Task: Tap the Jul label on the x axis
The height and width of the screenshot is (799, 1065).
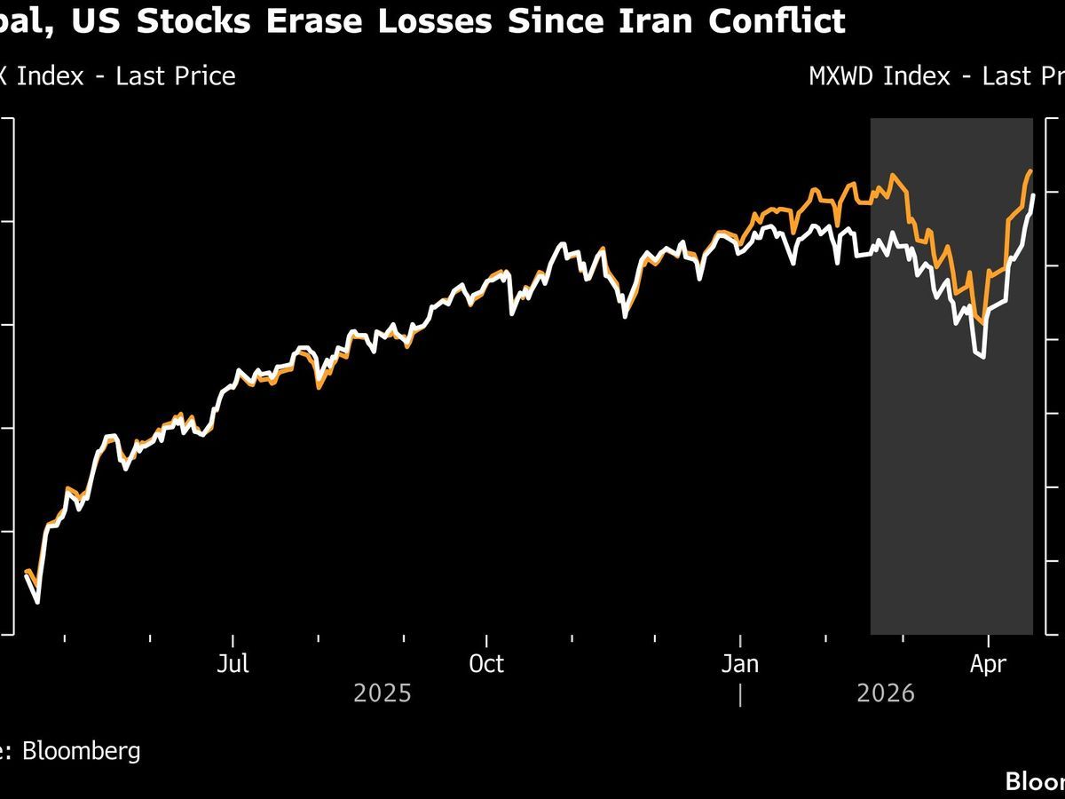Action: pyautogui.click(x=233, y=664)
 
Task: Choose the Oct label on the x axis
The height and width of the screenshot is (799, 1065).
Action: pyautogui.click(x=486, y=664)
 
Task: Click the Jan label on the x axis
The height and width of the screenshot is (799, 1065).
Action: pyautogui.click(x=740, y=664)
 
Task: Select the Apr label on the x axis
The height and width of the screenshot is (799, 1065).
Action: pyautogui.click(x=988, y=664)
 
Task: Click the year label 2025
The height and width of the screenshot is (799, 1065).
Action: pyautogui.click(x=383, y=693)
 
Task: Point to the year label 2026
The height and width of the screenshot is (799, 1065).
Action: pyautogui.click(x=886, y=693)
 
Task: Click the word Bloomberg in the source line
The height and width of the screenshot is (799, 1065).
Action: pyautogui.click(x=81, y=751)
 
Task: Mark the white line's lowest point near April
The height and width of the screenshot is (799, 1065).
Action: pyautogui.click(x=982, y=357)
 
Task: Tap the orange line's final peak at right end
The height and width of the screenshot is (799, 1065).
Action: pyautogui.click(x=1030, y=170)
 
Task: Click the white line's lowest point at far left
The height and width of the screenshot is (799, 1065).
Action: pyautogui.click(x=37, y=602)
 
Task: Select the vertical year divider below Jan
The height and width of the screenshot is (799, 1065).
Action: pyautogui.click(x=740, y=694)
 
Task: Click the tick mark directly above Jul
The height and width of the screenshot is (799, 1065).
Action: pyautogui.click(x=233, y=639)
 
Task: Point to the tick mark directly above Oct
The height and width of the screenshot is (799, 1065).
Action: pyautogui.click(x=486, y=639)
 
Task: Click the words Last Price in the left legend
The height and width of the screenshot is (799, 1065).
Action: pyautogui.click(x=176, y=76)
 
